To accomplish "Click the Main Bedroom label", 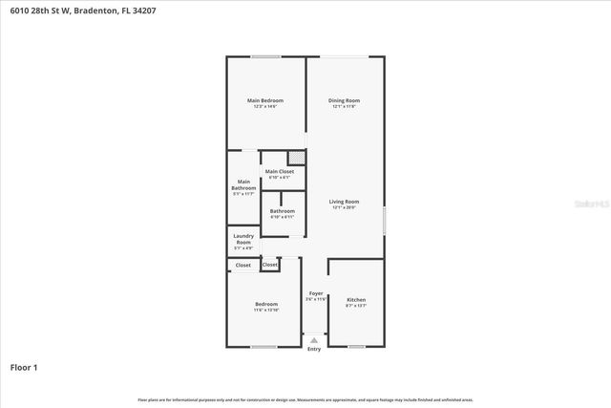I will (265, 100).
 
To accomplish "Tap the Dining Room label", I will (344, 100).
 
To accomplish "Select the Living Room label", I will (344, 202).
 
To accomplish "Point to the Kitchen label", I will (356, 300).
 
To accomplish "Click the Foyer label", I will (316, 293).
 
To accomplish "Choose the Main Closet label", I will (280, 171).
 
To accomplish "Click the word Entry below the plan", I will (315, 349).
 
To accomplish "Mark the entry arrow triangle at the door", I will (315, 338).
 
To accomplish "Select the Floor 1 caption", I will (24, 366).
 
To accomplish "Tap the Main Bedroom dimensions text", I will (265, 106).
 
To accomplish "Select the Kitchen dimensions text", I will (356, 306).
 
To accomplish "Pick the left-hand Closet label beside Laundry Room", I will (243, 265).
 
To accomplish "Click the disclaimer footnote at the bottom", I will (305, 399).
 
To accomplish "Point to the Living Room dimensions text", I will (344, 207).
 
